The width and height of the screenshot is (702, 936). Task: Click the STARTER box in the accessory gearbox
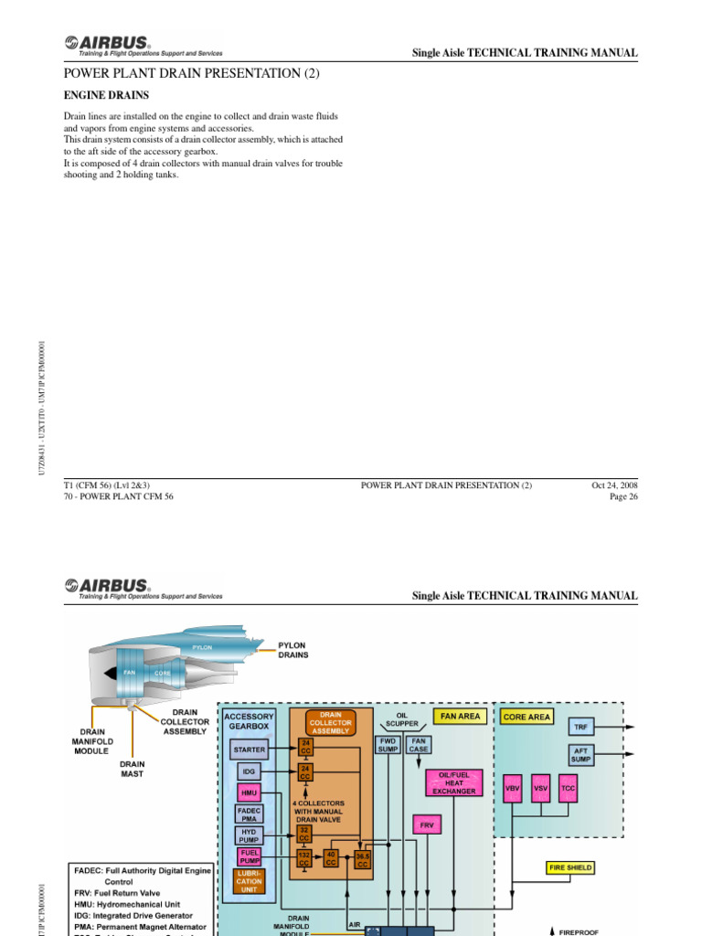[x=250, y=750]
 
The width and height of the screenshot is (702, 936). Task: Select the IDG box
[x=250, y=771]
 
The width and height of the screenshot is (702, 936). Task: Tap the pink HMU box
[x=250, y=792]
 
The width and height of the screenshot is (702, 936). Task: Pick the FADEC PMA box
[x=250, y=814]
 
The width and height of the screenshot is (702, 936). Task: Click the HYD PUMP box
[x=250, y=835]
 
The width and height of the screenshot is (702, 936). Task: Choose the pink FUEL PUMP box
[x=250, y=856]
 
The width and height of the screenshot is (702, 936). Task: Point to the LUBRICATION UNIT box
[x=250, y=882]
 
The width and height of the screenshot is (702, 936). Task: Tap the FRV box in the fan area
[x=427, y=824]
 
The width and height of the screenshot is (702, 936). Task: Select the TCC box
[x=568, y=787]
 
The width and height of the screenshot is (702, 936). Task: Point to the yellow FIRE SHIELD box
[x=569, y=867]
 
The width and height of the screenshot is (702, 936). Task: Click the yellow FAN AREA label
[x=460, y=717]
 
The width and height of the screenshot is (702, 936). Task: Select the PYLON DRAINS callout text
[x=293, y=650]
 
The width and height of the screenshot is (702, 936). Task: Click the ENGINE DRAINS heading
[x=106, y=95]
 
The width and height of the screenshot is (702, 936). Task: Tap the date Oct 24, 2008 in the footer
[x=614, y=485]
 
